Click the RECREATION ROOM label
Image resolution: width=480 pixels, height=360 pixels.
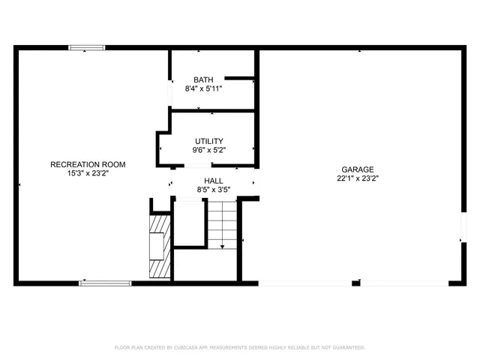pos(88,164)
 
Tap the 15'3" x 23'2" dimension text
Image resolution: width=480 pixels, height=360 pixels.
pos(88,173)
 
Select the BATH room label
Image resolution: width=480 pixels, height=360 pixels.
pos(203,79)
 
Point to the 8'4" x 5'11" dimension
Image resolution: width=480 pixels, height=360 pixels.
pos(203,88)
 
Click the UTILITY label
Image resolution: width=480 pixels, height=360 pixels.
pos(208,141)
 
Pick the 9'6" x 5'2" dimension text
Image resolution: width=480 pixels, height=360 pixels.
pos(208,150)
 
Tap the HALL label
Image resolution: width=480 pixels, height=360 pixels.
pos(213,181)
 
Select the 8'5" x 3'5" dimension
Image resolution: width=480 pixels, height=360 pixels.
pos(213,190)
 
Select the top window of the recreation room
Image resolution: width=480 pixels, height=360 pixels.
pos(87,48)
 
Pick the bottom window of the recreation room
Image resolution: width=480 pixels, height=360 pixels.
pos(105,283)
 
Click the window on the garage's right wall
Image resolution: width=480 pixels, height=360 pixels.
pos(463,228)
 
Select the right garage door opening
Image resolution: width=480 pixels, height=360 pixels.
pos(403,283)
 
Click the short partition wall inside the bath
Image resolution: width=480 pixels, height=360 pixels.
pos(240,77)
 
